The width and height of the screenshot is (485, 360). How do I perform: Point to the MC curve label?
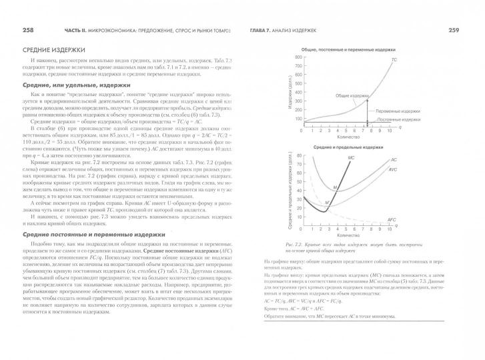352,157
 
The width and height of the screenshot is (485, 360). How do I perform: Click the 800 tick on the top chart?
298,58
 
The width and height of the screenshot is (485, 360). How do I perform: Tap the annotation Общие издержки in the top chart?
352,95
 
